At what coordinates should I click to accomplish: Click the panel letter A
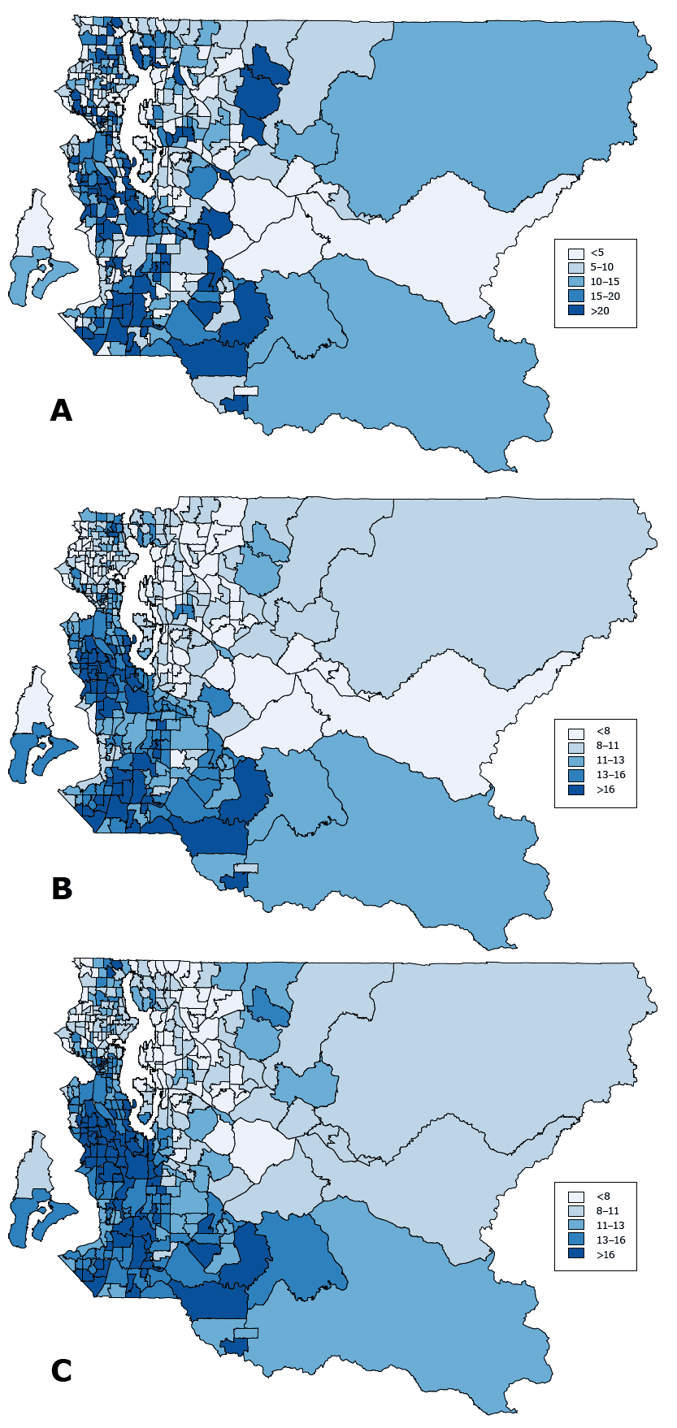(x=61, y=411)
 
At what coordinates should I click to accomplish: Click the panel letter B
(x=62, y=889)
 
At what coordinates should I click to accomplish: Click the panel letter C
(x=61, y=1370)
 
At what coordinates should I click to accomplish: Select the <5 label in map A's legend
(x=597, y=253)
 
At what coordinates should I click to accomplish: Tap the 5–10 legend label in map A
(x=602, y=267)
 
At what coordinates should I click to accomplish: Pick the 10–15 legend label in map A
(x=605, y=282)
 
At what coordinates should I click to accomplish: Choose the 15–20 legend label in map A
(x=605, y=296)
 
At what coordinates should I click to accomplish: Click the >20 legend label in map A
(x=600, y=311)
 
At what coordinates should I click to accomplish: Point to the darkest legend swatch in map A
(x=576, y=311)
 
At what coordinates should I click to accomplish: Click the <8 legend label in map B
(x=602, y=731)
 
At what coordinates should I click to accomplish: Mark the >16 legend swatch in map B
(x=576, y=790)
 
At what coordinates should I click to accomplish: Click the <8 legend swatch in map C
(x=576, y=1196)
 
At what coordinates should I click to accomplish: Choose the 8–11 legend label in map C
(x=607, y=1211)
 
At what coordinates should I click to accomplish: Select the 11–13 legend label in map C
(x=610, y=1226)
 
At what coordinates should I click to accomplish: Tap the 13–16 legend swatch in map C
(x=576, y=1240)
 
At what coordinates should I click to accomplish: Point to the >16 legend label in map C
(x=605, y=1255)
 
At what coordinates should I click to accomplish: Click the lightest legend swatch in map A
(x=576, y=253)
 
